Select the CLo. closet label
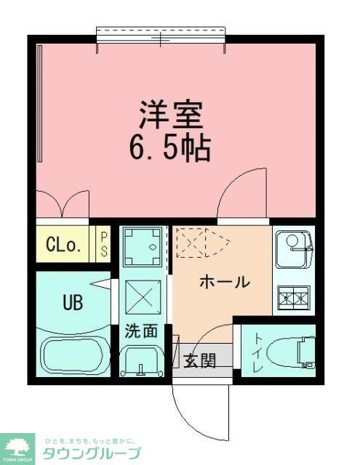[65, 244]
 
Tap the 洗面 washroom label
[140, 331]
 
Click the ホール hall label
[225, 283]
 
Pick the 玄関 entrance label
[199, 360]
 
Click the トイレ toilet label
[257, 352]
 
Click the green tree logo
[20, 445]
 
